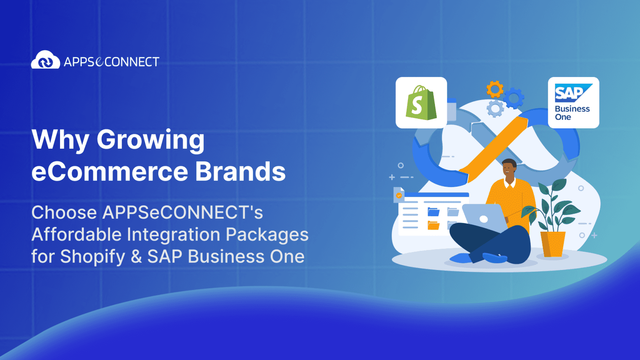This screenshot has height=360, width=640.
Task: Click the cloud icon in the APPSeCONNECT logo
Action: [45, 60]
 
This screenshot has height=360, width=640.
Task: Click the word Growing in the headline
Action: [150, 140]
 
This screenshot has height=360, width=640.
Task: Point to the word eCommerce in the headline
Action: [110, 172]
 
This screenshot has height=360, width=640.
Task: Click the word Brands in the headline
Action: [240, 172]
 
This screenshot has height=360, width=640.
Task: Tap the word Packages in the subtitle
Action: [267, 235]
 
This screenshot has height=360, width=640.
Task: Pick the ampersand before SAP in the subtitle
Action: [136, 257]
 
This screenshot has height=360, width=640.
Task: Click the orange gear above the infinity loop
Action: [495, 89]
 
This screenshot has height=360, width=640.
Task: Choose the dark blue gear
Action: [514, 98]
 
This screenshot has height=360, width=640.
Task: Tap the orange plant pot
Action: [552, 244]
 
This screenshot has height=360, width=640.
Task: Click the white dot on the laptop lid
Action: [484, 219]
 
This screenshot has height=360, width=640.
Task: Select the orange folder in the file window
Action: [433, 225]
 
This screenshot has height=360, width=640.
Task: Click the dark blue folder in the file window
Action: [433, 212]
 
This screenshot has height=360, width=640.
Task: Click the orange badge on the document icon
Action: [399, 195]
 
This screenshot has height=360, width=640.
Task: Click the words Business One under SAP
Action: [572, 113]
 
